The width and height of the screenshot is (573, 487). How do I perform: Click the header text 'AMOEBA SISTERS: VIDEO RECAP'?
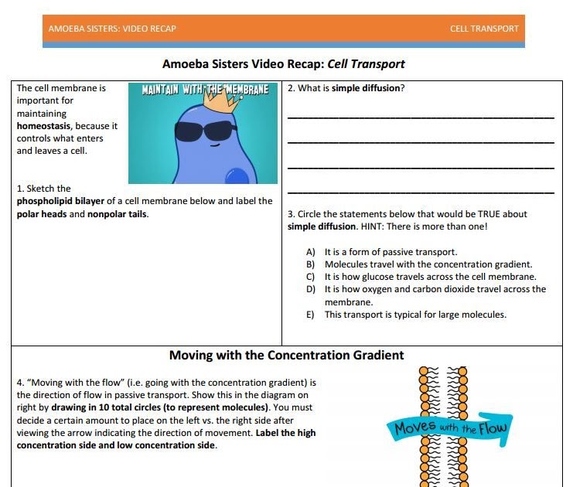pos(112,29)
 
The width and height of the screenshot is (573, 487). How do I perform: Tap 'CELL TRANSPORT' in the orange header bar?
pos(484,29)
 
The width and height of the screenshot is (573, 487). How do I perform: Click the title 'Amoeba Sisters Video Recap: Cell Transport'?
pos(284,64)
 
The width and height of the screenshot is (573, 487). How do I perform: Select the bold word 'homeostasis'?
pos(43,125)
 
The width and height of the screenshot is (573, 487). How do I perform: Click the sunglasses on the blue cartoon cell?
pos(205,130)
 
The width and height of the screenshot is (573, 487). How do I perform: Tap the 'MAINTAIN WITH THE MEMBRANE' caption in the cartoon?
pos(206,89)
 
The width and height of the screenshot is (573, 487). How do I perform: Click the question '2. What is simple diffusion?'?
pos(346,88)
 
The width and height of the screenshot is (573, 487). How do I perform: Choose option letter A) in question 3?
pos(311,252)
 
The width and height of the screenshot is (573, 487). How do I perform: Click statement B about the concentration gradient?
pos(428,264)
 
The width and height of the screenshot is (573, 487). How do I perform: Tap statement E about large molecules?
pos(415,315)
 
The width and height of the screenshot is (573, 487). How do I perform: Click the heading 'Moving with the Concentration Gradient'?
pos(286,356)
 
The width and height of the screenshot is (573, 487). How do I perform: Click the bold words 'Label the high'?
pos(286,433)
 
